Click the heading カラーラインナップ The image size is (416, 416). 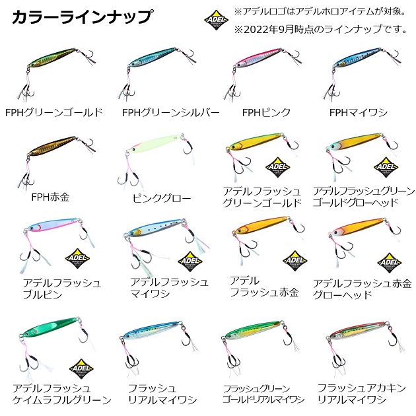click(83, 17)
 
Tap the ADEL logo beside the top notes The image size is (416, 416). click(216, 20)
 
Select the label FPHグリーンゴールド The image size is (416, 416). click(54, 112)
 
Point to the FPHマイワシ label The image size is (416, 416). click(359, 112)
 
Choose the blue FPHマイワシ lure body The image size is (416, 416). click(357, 57)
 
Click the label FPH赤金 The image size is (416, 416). click(50, 197)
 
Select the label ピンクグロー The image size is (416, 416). click(162, 198)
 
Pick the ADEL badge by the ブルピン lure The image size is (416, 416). click(77, 258)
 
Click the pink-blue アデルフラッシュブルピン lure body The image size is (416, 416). click(53, 225)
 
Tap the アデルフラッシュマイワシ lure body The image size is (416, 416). click(155, 228)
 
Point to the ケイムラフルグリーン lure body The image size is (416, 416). click(50, 327)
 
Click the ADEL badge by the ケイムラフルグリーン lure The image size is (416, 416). click(81, 368)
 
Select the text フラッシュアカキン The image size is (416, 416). click(362, 388)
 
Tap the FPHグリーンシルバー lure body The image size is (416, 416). click(153, 57)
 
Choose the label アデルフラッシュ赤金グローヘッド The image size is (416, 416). click(363, 289)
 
